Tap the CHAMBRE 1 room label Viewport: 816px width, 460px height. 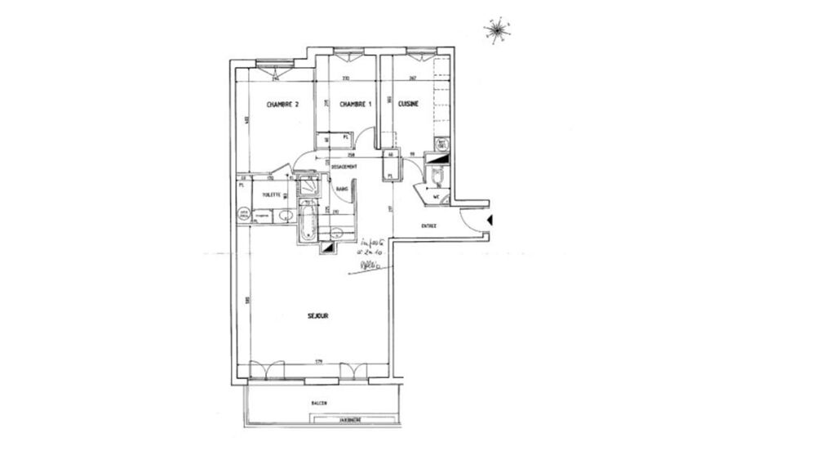click(355, 104)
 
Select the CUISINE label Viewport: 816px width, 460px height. click(409, 104)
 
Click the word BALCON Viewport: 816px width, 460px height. click(320, 404)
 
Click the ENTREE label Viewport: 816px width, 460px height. click(429, 226)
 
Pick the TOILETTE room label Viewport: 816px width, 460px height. click(272, 195)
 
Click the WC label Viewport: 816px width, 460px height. click(437, 196)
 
